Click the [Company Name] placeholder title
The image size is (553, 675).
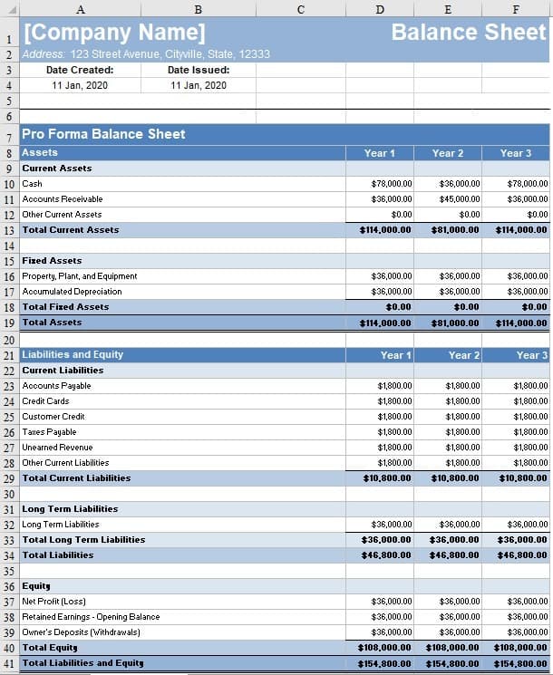coord(114,33)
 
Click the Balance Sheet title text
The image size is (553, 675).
coord(469,33)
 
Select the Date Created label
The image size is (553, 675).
coord(80,70)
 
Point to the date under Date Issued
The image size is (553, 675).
coord(199,85)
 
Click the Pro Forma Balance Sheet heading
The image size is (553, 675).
coord(103,134)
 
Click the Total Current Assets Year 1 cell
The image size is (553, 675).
coord(385,230)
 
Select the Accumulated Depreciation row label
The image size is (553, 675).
coord(72,292)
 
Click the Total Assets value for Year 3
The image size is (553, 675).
coord(522,323)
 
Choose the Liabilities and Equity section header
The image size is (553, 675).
coord(73,354)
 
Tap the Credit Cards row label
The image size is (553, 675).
coord(45,401)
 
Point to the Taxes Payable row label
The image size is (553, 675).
coord(49,432)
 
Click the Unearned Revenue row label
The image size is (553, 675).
coord(57,448)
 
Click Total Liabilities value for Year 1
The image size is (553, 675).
coord(387,555)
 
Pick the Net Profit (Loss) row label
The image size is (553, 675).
coord(53,602)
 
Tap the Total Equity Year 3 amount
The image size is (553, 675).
coord(522,648)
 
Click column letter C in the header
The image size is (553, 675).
coord(300,9)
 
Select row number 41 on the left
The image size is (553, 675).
coord(9,663)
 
